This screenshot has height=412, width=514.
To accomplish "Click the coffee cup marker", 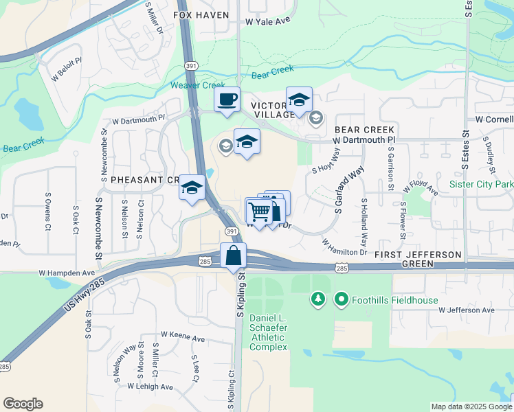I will pos(227,100).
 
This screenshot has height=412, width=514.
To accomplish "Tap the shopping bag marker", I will pos(234,255).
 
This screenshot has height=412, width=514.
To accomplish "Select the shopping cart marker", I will pos(258,211).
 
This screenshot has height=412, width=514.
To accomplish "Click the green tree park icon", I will pos(317,299).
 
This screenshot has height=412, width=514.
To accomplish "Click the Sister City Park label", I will pos(481,184).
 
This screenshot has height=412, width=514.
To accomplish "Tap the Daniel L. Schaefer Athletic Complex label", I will pos(268,332).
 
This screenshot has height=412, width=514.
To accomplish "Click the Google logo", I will pos(23,404).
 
